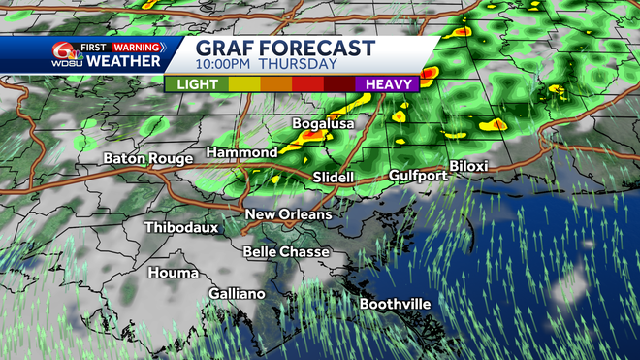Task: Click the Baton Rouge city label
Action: tap(149, 158)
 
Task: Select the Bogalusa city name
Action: tap(324, 124)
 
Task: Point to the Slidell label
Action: tap(334, 178)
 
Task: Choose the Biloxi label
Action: tap(468, 166)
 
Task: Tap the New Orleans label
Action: tap(287, 214)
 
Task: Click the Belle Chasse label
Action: tap(286, 251)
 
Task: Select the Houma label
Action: tap(173, 273)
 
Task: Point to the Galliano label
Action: tap(237, 293)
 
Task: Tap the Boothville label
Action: tap(396, 304)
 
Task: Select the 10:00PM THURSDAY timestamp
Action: tap(266, 65)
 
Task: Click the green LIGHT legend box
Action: tap(196, 84)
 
